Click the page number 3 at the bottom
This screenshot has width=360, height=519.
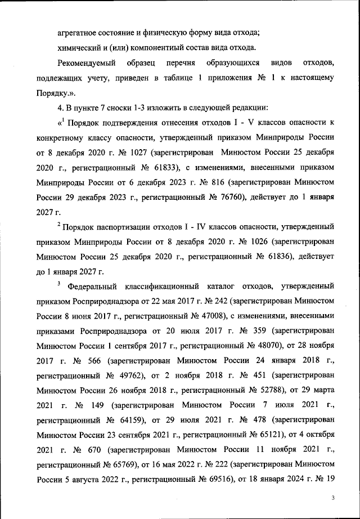333,498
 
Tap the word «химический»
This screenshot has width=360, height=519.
80,47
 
